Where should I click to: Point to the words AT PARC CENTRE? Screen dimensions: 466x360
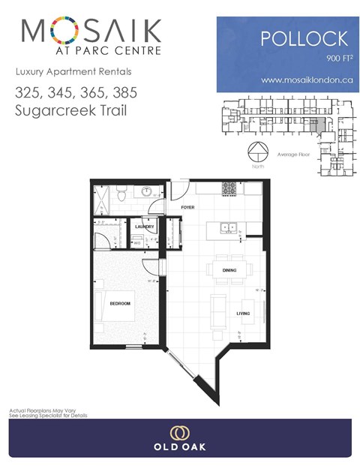point(91,52)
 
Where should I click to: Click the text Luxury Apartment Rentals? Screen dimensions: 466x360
point(63,72)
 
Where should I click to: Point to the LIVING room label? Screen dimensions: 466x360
point(243,313)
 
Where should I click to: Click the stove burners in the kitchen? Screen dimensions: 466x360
point(229,187)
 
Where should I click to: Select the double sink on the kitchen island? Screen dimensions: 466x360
point(228,227)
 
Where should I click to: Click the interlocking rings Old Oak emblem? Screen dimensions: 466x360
point(179,433)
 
